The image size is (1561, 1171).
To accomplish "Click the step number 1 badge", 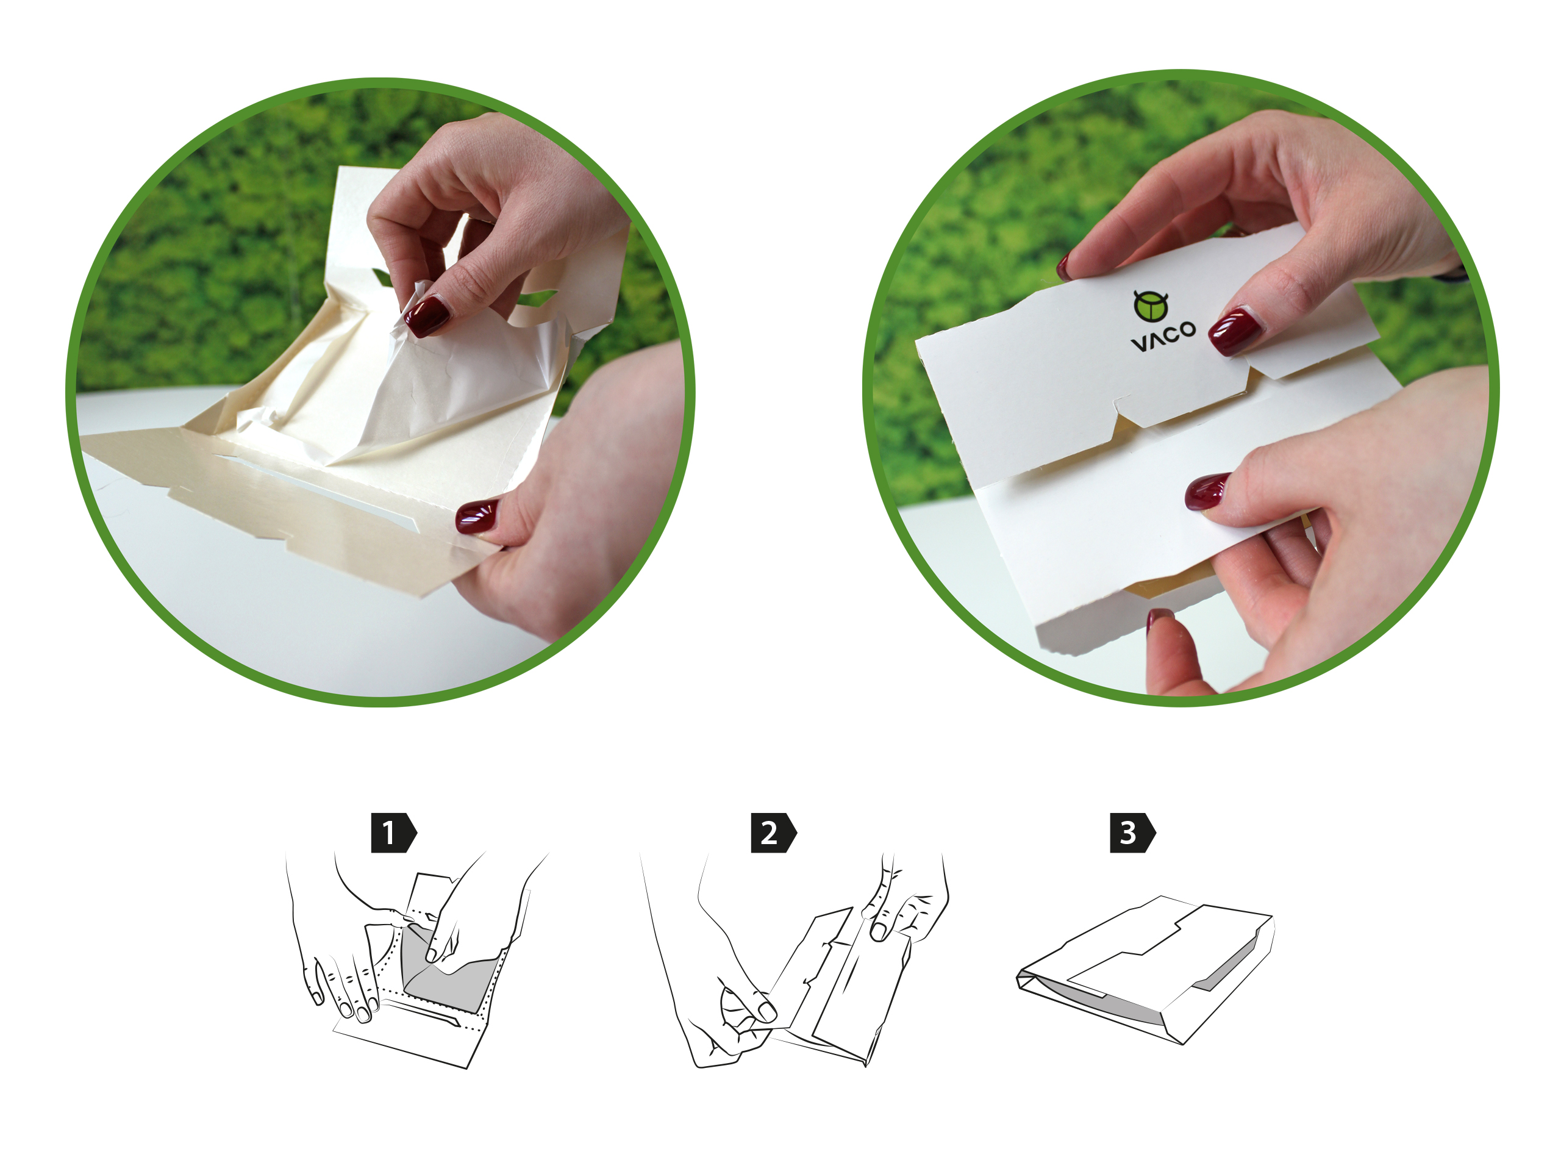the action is click(x=393, y=833).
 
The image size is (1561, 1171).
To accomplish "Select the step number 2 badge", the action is click(x=773, y=833).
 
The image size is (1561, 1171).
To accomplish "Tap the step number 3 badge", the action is click(x=1133, y=833).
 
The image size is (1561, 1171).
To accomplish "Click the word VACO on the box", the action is click(x=1163, y=336).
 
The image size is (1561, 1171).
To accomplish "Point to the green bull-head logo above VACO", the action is click(x=1150, y=306).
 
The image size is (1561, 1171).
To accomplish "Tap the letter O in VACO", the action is click(x=1188, y=329).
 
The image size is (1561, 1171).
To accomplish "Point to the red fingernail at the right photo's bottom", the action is click(x=1159, y=620).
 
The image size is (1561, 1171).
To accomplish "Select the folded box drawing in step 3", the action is click(x=1145, y=970).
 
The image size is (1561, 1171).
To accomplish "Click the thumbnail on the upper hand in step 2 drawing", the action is click(x=879, y=932).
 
